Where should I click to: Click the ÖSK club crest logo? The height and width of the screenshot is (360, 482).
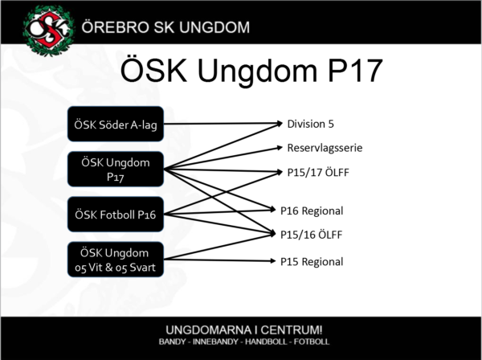pyautogui.click(x=48, y=31)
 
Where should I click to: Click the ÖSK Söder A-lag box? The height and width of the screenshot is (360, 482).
pyautogui.click(x=116, y=124)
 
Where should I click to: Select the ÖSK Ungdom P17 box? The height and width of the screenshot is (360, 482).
pyautogui.click(x=116, y=169)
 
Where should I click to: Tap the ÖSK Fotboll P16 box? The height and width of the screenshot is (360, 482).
pyautogui.click(x=116, y=215)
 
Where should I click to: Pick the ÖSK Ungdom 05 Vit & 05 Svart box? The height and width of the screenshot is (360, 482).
pyautogui.click(x=116, y=260)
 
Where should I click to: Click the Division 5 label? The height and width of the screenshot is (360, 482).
pyautogui.click(x=310, y=124)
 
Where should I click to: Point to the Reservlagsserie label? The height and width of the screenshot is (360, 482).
pyautogui.click(x=325, y=148)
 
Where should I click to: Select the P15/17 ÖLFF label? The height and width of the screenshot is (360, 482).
pyautogui.click(x=318, y=172)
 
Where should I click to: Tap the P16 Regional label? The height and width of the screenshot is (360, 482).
pyautogui.click(x=312, y=211)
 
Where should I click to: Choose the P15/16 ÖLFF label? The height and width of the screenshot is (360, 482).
pyautogui.click(x=311, y=235)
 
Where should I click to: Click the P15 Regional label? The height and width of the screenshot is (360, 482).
pyautogui.click(x=312, y=262)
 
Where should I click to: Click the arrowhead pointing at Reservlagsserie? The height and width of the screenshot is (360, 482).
pyautogui.click(x=280, y=148)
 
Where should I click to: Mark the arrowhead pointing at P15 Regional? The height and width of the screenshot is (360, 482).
pyautogui.click(x=273, y=261)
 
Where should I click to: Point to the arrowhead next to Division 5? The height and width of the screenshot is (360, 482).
pyautogui.click(x=280, y=124)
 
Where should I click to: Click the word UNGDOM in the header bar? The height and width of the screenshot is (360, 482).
pyautogui.click(x=214, y=27)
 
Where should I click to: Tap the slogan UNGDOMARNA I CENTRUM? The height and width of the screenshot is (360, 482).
pyautogui.click(x=244, y=330)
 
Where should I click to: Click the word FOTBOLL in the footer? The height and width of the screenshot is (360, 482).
pyautogui.click(x=312, y=342)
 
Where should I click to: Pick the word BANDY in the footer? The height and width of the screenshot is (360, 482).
pyautogui.click(x=172, y=342)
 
